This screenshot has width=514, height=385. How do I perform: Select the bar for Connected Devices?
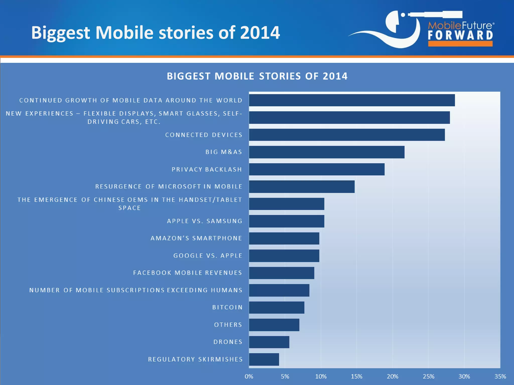[347, 135]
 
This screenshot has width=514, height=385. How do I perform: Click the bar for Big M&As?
[327, 152]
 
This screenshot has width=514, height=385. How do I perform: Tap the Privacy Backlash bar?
[316, 169]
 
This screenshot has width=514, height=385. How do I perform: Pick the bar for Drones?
[269, 342]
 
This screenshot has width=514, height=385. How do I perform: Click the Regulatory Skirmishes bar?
[264, 359]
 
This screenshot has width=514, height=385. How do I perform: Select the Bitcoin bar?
[277, 308]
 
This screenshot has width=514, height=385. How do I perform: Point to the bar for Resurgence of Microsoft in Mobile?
[302, 187]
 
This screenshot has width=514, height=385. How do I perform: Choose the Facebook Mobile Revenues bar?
[281, 273]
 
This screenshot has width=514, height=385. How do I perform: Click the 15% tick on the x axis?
[357, 376]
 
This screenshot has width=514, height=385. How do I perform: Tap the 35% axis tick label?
[500, 376]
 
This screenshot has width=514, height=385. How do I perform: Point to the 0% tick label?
[249, 376]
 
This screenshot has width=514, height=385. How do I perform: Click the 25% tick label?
[428, 376]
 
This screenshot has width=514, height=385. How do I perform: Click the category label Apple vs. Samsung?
[205, 221]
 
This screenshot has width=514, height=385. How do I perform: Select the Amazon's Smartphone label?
[196, 238]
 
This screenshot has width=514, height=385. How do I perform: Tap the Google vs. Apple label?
[208, 256]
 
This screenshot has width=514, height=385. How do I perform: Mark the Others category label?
[228, 325]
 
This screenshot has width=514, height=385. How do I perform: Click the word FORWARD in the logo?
[461, 35]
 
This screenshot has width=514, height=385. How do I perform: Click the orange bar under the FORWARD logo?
[461, 44]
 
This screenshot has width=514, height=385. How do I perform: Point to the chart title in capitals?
[257, 76]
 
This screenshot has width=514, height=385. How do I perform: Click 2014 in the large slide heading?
[260, 33]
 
